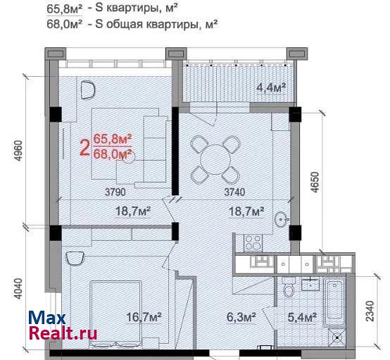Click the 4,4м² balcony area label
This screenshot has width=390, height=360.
(x=271, y=87)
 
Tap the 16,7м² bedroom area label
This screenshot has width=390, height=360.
(x=144, y=317)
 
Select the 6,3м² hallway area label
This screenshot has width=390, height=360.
(x=241, y=317)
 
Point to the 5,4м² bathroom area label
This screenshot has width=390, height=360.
(x=302, y=317)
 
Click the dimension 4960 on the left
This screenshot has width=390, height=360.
(x=19, y=151)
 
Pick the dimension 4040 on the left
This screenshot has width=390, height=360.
(x=18, y=289)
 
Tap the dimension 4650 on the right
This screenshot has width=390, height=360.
(x=315, y=182)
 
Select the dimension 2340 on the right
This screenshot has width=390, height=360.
(x=370, y=311)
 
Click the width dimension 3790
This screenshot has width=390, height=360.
(x=115, y=192)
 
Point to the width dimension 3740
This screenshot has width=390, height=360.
(x=234, y=192)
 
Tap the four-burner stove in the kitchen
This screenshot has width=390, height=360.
(x=253, y=243)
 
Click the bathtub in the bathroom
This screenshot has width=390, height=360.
(x=335, y=302)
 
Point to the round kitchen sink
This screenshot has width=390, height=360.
(x=282, y=220)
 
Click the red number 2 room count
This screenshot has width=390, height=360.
(x=85, y=148)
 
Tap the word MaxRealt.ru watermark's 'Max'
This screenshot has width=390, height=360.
(x=46, y=318)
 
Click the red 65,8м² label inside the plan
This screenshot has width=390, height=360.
(x=113, y=139)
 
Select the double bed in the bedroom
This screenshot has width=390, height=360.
(x=115, y=314)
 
